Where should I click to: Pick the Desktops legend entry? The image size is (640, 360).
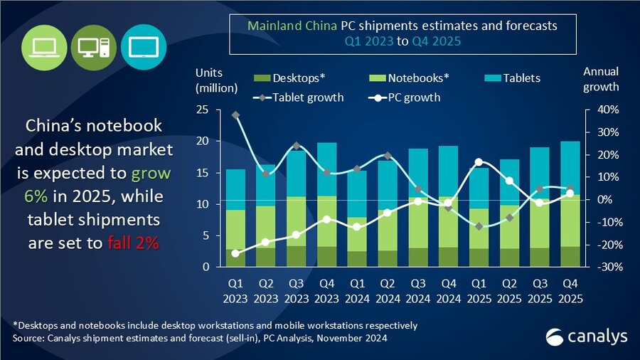point(290,78)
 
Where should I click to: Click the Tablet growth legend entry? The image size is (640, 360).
point(299,97)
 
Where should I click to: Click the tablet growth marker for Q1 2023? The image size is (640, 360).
point(235,115)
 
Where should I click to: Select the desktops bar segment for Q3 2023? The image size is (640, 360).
point(296,256)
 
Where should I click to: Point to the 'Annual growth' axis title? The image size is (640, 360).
point(601,80)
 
